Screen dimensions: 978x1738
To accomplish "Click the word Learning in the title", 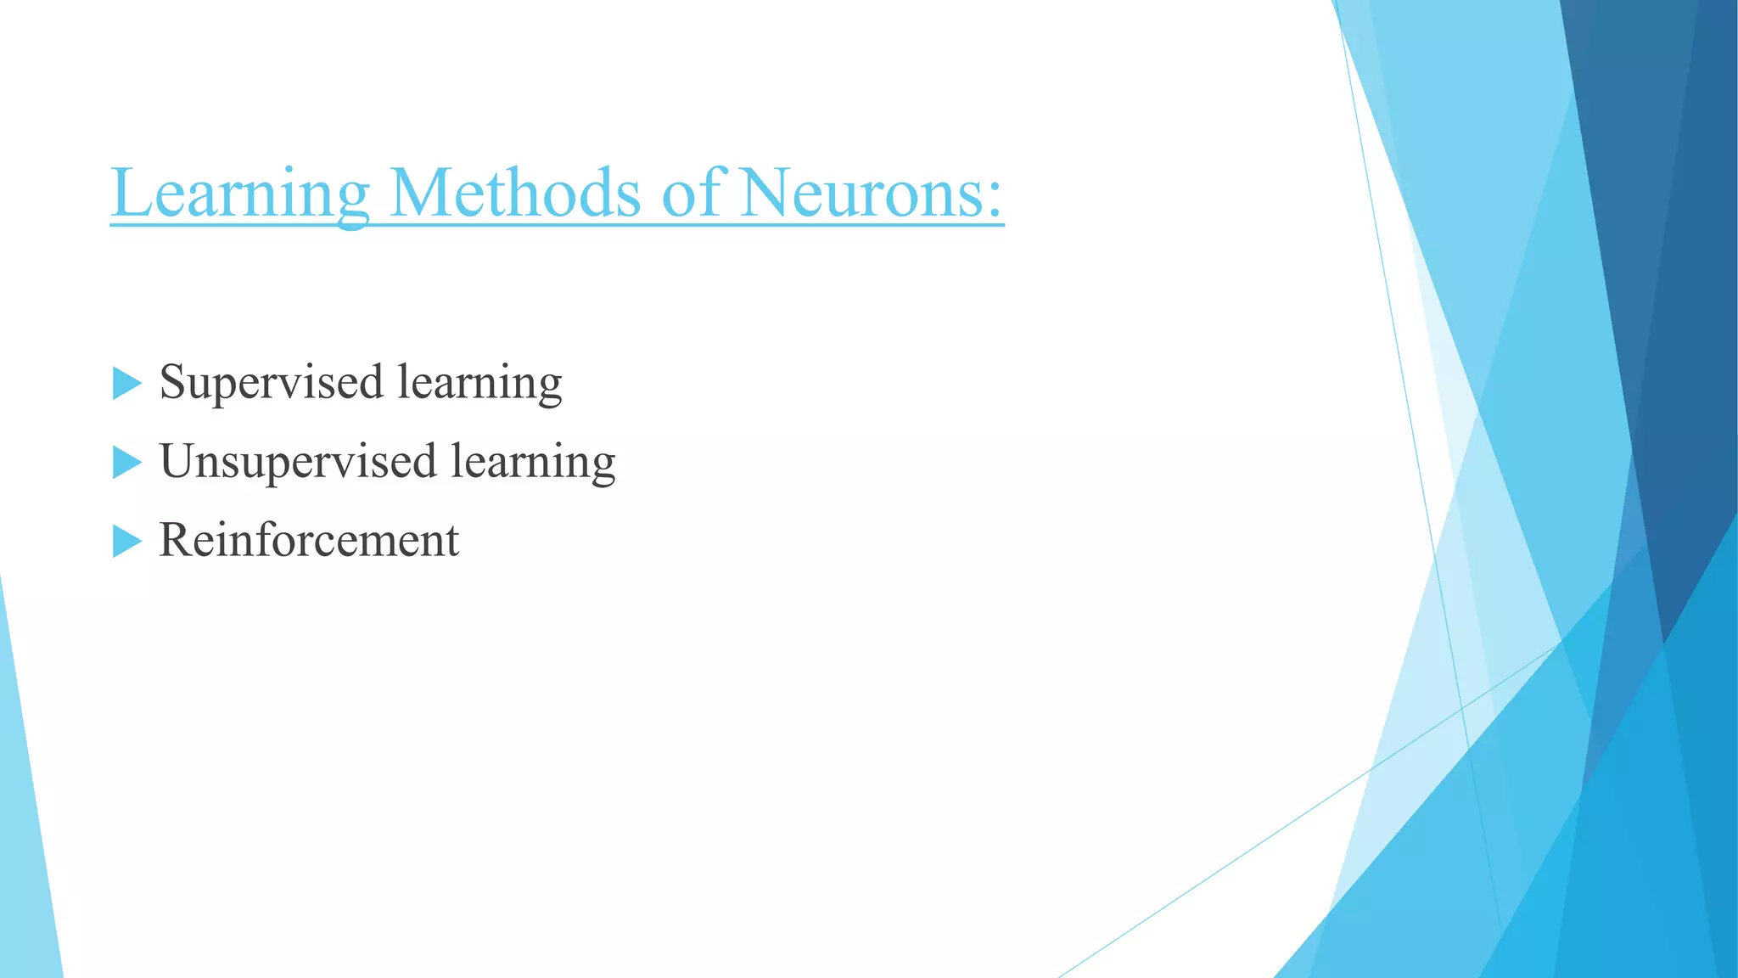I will coord(240,194).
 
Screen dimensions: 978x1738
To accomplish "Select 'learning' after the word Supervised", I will coord(479,383).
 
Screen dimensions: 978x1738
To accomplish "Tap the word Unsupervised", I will coord(298,462).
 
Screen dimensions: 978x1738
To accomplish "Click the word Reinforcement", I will coord(309,540).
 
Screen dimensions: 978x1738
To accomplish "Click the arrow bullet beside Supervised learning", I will coord(126,384).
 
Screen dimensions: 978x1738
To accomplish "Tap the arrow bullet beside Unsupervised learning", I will coord(126,463).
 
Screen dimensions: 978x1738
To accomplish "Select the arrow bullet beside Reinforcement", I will coord(126,541).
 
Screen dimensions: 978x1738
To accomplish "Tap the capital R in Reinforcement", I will coord(175,540).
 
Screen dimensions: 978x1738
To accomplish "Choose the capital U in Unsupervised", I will coord(178,461).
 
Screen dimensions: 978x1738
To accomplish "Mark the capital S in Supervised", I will coord(173,381).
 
